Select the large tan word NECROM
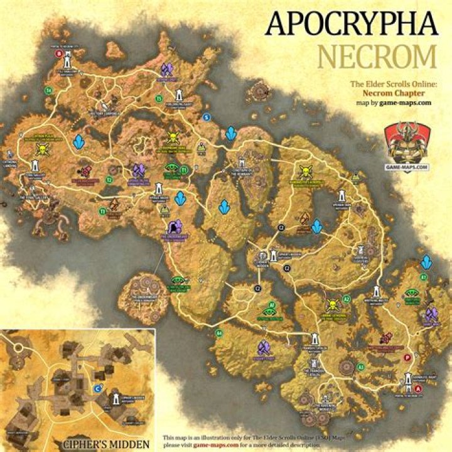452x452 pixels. (377, 57)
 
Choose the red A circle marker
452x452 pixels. (419, 389)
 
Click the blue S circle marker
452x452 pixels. (205, 117)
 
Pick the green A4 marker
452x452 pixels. (219, 332)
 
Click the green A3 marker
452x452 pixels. (360, 367)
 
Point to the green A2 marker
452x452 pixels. (347, 299)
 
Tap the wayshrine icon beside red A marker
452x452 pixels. (409, 380)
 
